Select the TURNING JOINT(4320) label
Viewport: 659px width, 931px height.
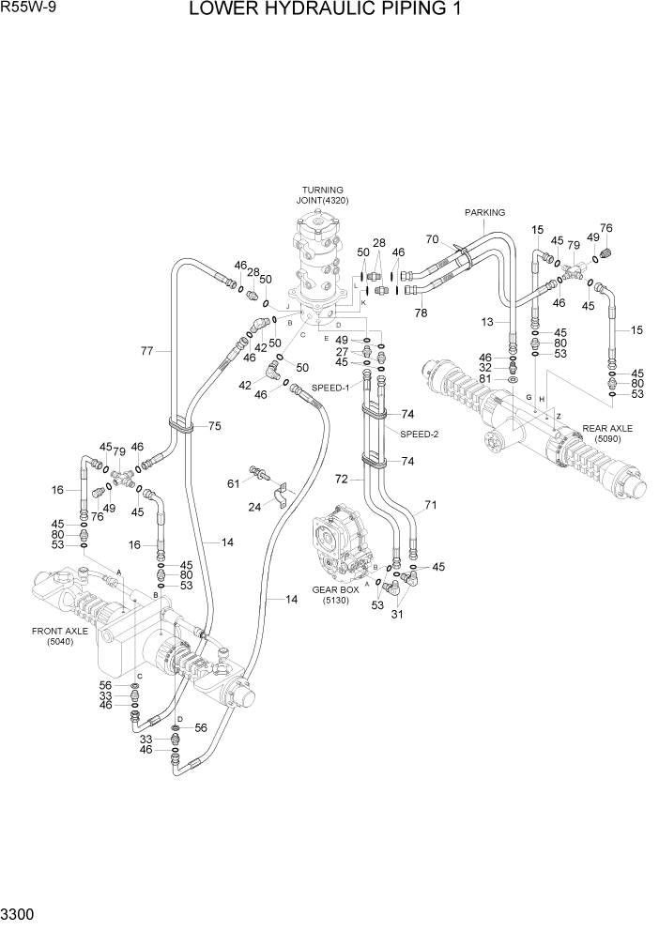coord(322,195)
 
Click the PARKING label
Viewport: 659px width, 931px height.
coord(484,212)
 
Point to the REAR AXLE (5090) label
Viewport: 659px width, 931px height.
coord(607,433)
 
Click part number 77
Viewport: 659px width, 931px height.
coord(147,352)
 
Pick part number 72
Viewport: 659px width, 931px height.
coord(342,480)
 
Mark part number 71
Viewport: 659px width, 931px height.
coord(431,506)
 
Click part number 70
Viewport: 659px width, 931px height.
coord(433,238)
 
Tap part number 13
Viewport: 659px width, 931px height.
coord(488,322)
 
